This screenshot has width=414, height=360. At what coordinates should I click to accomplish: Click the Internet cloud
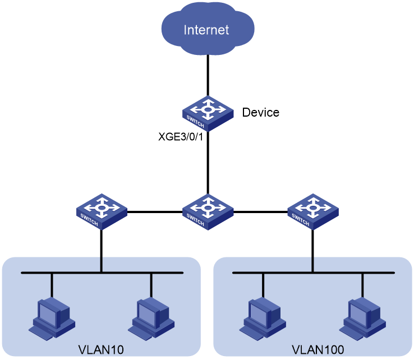[208, 29]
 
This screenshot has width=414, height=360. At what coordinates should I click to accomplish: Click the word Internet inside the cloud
[206, 30]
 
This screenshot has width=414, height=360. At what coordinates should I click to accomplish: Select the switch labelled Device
[208, 114]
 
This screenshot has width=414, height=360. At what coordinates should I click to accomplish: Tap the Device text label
[261, 113]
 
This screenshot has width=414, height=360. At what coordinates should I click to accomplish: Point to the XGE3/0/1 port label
[181, 137]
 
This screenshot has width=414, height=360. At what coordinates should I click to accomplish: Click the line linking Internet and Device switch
[208, 76]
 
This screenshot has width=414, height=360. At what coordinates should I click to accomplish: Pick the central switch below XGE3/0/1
[208, 212]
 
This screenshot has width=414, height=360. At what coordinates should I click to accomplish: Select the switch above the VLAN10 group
[102, 211]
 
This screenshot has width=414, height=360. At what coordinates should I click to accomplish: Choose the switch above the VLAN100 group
[313, 211]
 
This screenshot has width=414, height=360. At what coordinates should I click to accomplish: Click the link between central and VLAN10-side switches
[155, 211]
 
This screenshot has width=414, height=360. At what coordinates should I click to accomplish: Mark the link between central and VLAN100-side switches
[261, 211]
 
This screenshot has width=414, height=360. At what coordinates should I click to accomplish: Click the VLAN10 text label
[101, 350]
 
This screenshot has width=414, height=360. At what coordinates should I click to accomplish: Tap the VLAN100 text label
[318, 350]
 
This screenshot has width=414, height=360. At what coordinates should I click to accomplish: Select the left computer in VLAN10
[52, 319]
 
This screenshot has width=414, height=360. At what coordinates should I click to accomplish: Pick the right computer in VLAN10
[151, 319]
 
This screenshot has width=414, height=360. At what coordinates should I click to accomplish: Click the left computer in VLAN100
[263, 319]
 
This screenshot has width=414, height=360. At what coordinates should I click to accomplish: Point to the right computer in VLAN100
[362, 319]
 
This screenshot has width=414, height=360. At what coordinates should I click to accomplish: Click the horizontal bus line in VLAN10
[102, 273]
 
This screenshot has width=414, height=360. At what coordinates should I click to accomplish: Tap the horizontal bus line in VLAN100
[314, 273]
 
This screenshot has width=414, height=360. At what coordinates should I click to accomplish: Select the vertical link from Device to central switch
[208, 163]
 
